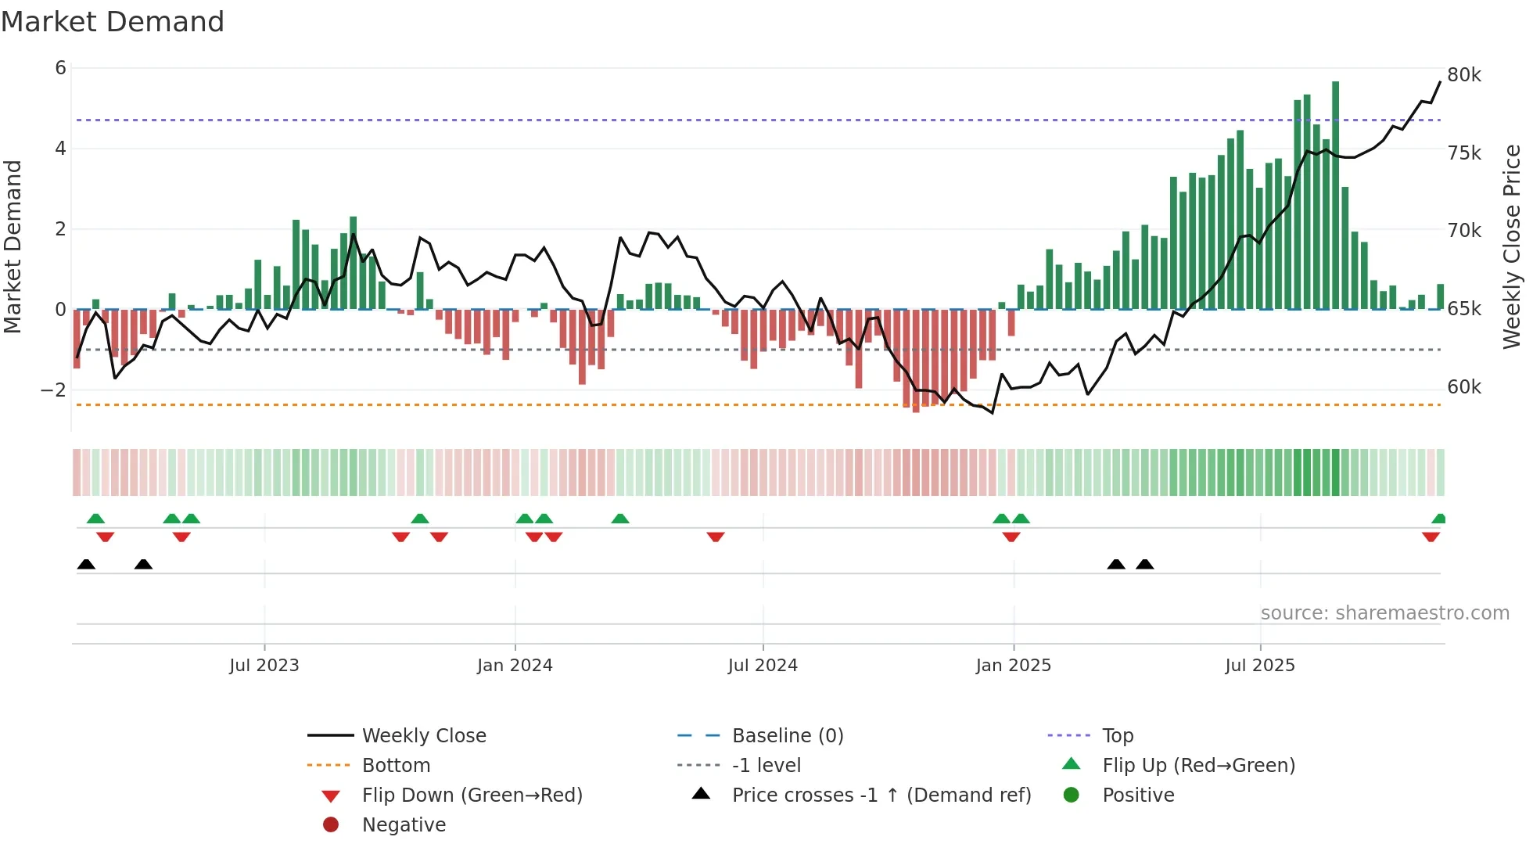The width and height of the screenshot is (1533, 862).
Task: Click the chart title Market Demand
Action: coord(113,22)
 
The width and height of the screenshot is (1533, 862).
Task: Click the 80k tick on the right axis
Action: coord(1463,75)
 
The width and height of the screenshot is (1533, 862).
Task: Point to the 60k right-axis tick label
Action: coord(1463,387)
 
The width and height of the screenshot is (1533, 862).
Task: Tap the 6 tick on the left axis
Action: coord(60,68)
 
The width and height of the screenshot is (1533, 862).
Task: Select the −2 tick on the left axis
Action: coord(54,390)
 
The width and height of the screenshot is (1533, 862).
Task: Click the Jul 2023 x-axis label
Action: coord(264,666)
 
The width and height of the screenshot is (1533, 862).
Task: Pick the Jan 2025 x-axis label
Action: coord(1013,666)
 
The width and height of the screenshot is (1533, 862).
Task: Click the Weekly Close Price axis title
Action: coord(1512,246)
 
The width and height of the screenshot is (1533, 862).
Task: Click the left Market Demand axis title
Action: coord(13,246)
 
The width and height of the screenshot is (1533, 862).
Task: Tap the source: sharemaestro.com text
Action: coord(1384,613)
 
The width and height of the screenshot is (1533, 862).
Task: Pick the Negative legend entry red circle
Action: coord(331,825)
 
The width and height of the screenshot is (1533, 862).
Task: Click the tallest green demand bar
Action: coord(1335,196)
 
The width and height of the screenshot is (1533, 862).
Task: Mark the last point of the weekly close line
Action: coord(1440,82)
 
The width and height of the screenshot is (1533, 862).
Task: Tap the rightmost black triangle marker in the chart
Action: coord(1144,565)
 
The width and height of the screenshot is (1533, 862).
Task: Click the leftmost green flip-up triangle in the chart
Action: coord(95,519)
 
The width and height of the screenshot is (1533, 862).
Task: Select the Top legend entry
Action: coord(1117,736)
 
